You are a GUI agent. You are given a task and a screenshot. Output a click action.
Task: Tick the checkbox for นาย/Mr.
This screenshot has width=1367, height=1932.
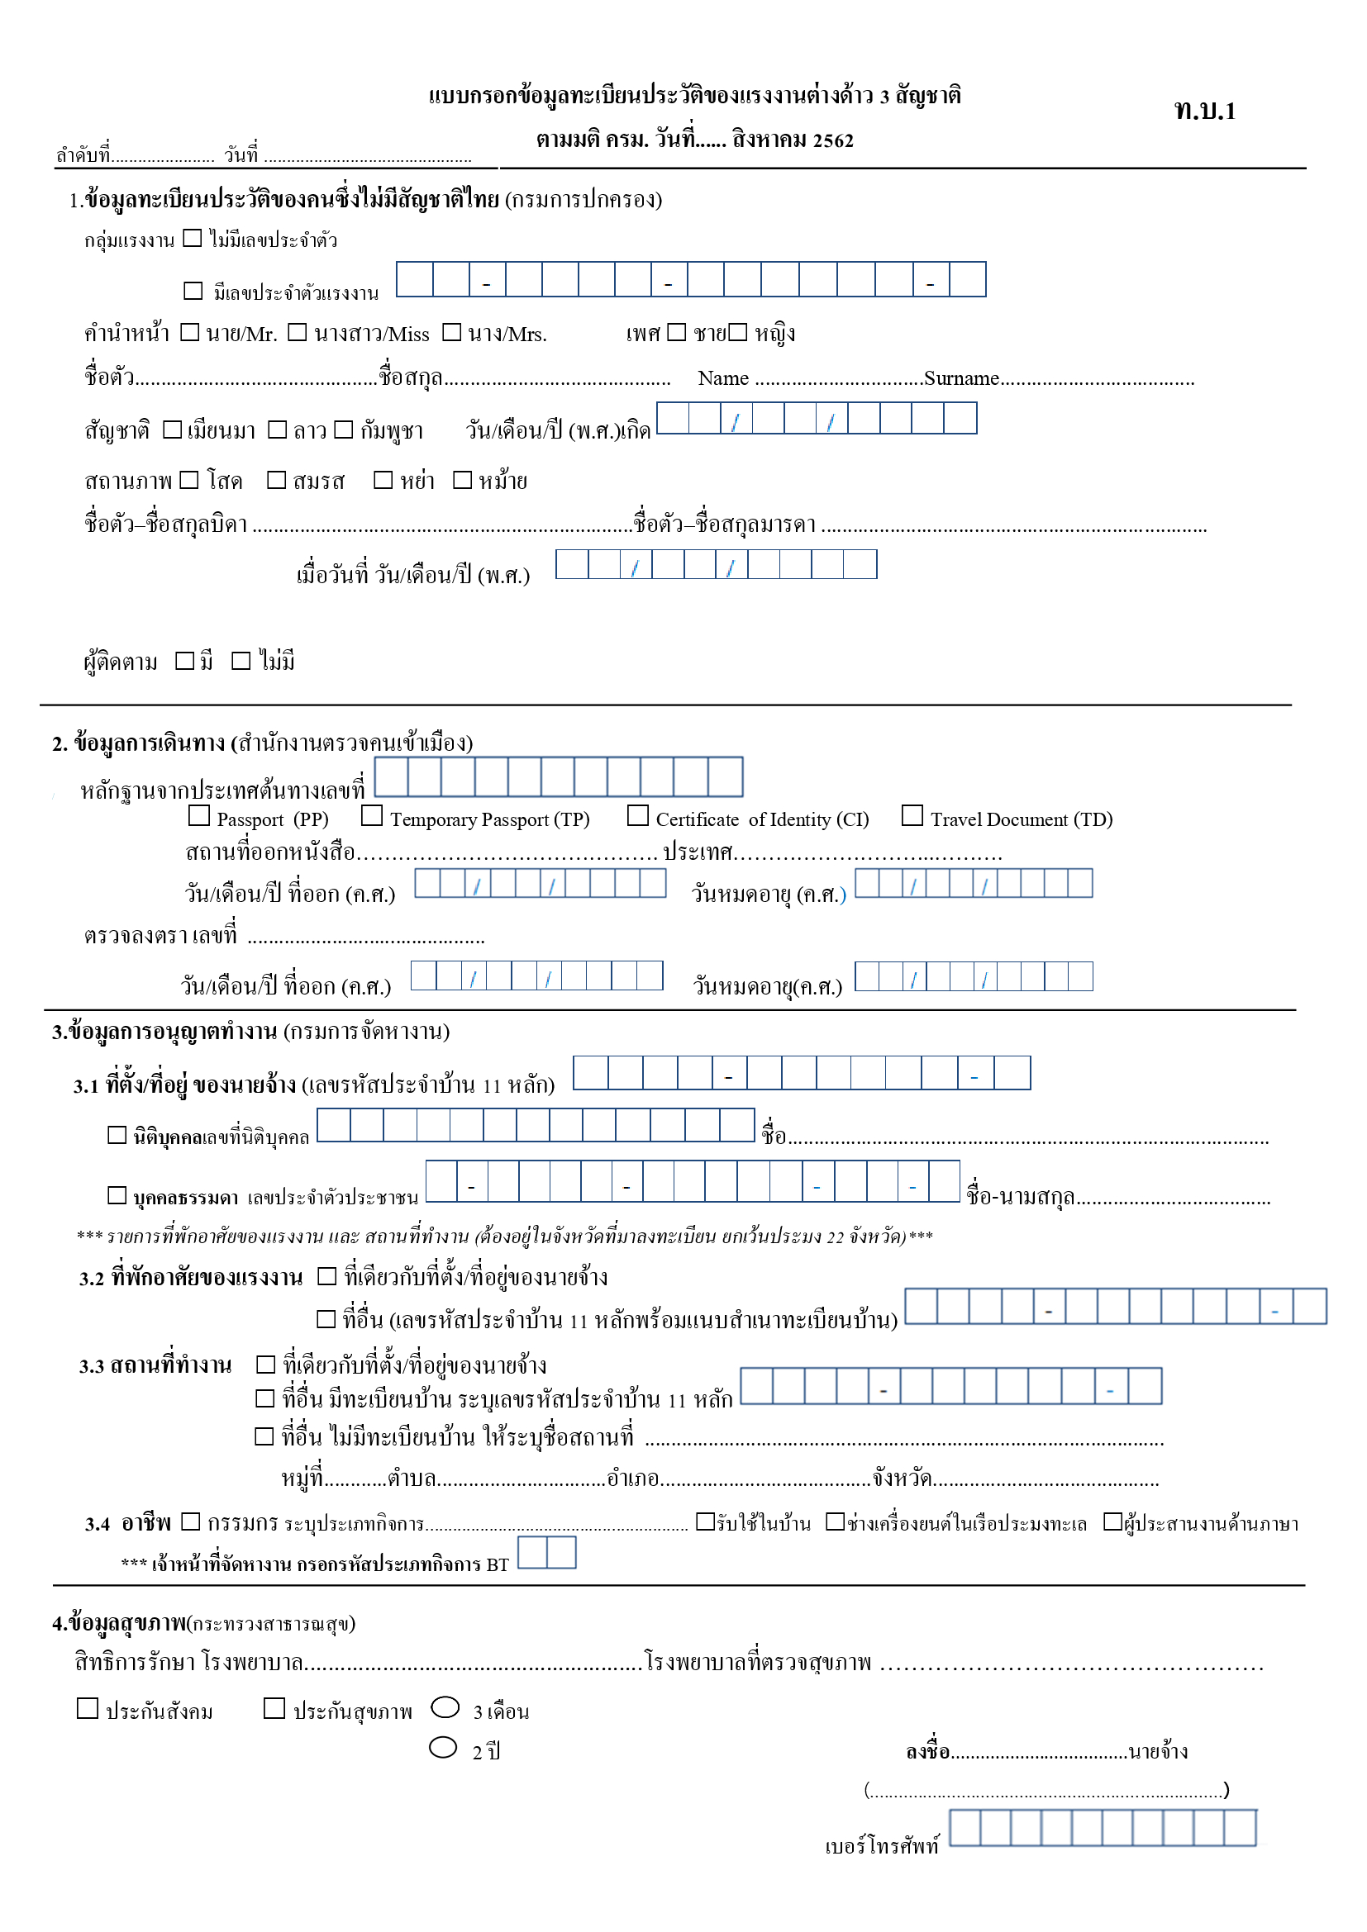click(x=190, y=332)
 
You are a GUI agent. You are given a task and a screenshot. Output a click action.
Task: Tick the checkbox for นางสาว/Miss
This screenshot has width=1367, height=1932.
click(x=298, y=332)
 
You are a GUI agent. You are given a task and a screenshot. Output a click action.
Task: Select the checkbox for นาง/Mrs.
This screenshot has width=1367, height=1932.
click(x=452, y=332)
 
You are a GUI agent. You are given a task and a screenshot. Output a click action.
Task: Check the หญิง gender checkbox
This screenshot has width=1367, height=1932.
click(x=737, y=332)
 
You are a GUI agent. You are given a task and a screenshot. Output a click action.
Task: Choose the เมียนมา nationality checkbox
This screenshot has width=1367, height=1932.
click(x=173, y=430)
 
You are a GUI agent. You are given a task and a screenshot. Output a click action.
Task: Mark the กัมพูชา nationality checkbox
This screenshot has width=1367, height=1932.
click(x=344, y=430)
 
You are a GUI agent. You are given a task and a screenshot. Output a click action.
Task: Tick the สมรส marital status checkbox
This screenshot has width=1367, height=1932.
click(x=276, y=480)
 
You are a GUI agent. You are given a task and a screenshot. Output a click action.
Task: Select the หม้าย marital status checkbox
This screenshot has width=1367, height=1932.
click(x=462, y=480)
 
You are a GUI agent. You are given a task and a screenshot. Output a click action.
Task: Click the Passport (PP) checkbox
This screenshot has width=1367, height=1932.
click(x=199, y=815)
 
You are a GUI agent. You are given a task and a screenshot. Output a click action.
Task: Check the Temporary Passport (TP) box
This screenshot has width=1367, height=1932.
click(x=372, y=815)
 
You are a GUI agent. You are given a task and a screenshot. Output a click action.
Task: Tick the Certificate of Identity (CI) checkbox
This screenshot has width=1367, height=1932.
click(x=638, y=815)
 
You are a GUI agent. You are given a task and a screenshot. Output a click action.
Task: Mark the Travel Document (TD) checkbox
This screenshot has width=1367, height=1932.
click(x=912, y=815)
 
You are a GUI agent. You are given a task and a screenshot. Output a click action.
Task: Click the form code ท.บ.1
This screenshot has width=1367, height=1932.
click(x=1204, y=111)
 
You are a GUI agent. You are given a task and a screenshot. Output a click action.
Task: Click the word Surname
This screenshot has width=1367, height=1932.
click(x=961, y=378)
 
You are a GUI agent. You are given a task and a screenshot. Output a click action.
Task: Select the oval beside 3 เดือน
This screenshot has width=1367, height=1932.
click(x=445, y=1707)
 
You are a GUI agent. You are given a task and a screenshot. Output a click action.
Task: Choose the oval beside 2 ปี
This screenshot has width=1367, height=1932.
click(x=444, y=1748)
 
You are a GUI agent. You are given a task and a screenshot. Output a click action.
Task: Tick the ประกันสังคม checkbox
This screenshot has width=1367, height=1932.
click(x=88, y=1708)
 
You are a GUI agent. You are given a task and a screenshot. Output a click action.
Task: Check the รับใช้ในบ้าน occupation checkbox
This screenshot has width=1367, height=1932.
click(x=705, y=1521)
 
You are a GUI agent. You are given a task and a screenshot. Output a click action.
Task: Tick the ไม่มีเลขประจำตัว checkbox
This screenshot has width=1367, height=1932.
click(x=193, y=238)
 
